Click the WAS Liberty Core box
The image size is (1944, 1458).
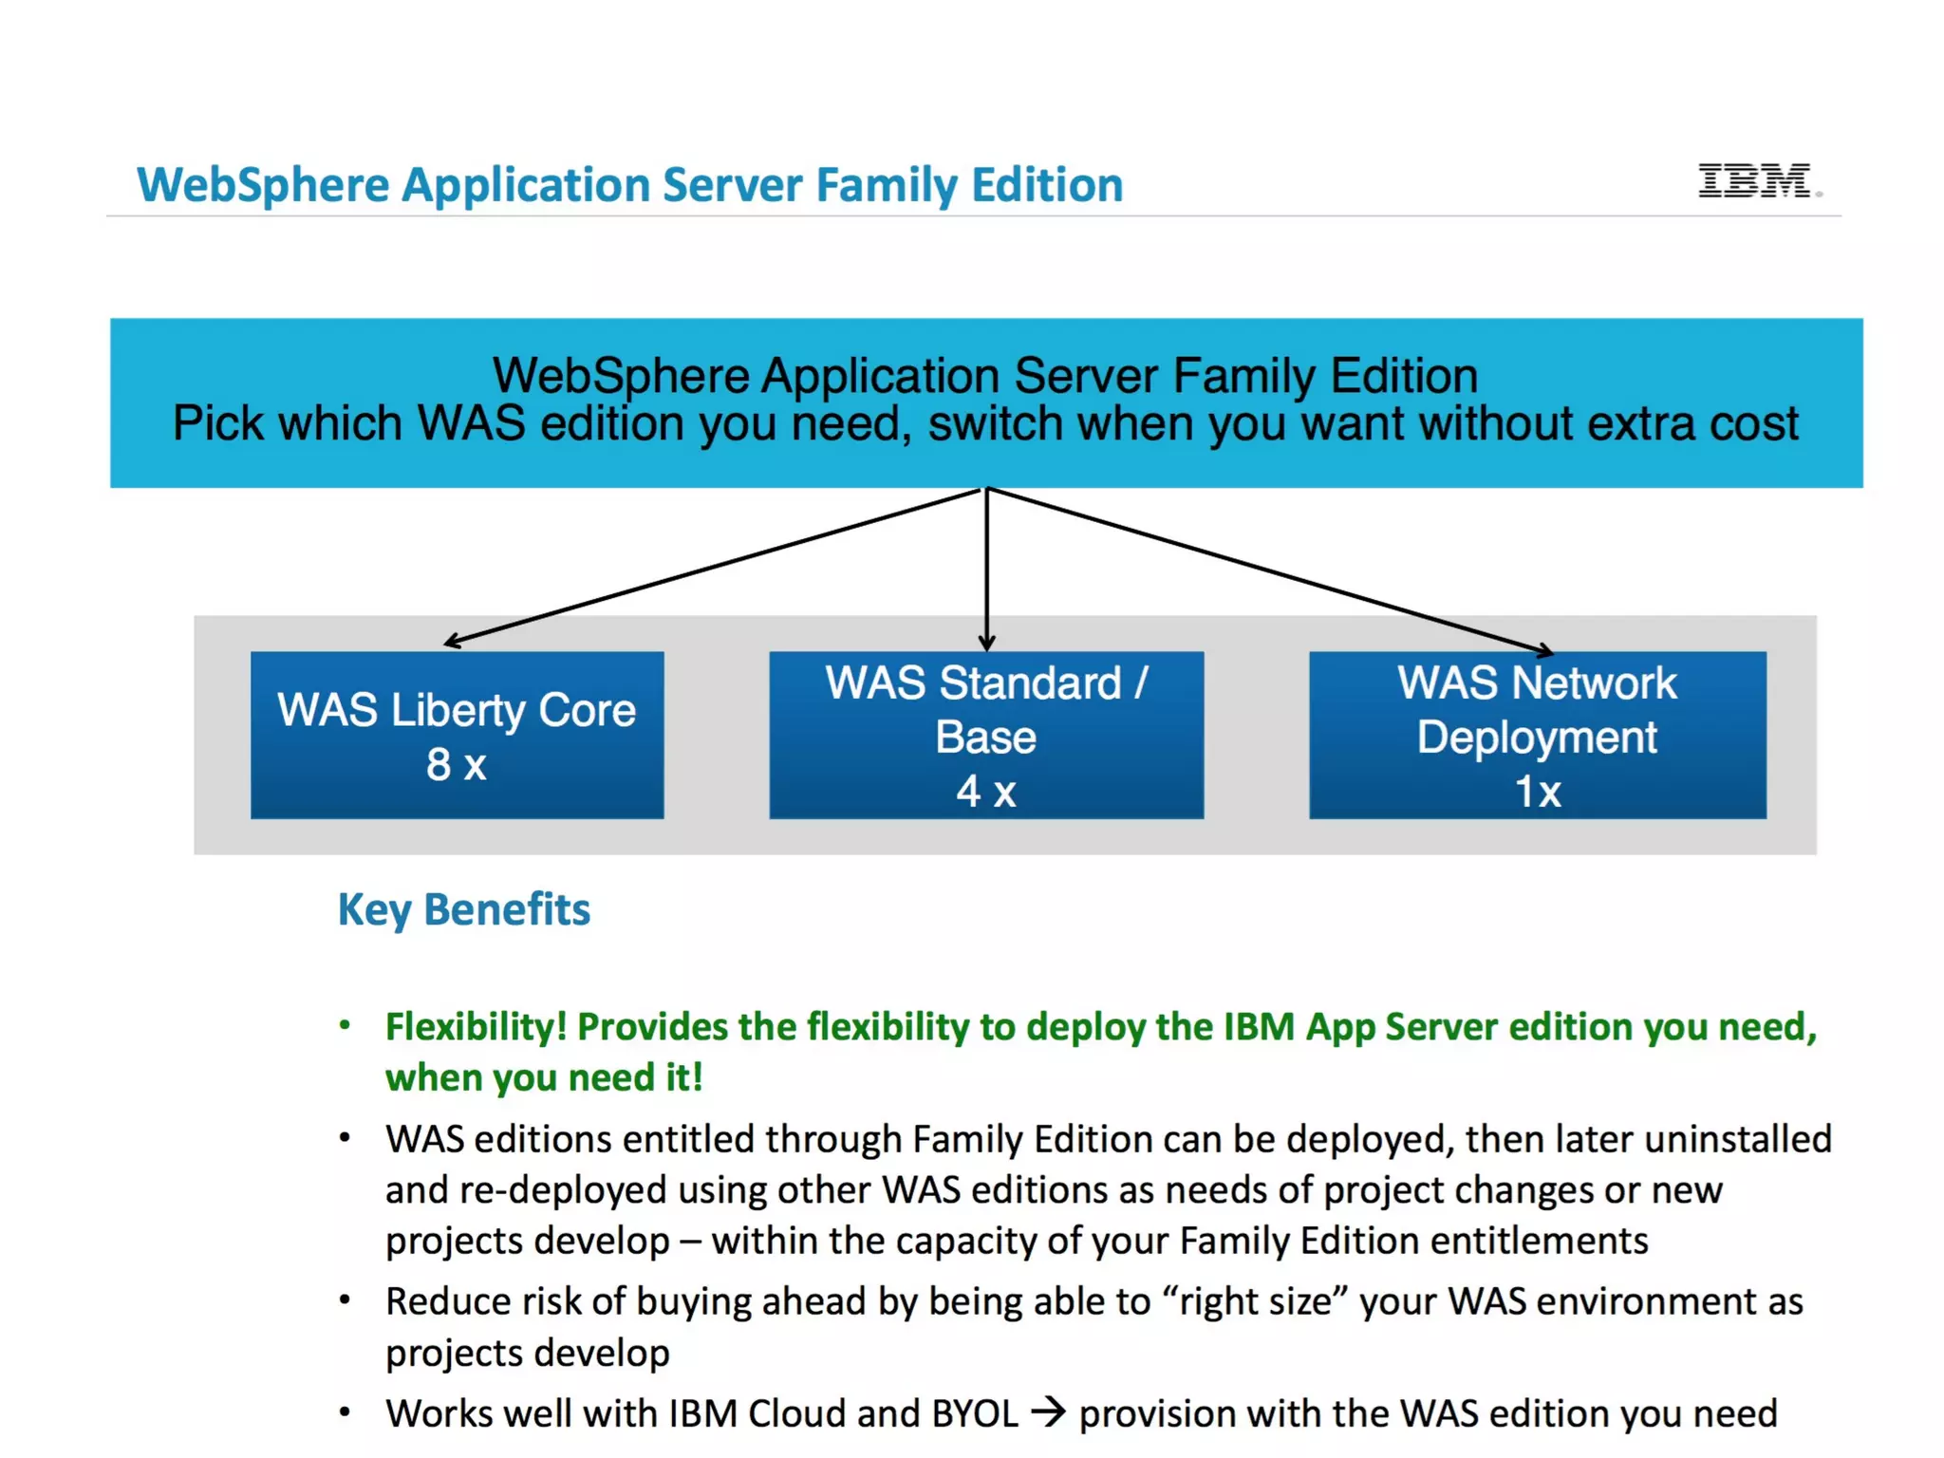click(x=457, y=734)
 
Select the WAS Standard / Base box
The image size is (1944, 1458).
click(x=985, y=734)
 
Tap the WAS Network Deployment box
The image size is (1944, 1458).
click(x=1537, y=734)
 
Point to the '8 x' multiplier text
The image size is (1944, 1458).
click(x=456, y=765)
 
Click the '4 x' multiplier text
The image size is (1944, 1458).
click(x=985, y=792)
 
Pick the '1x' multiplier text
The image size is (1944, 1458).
click(x=1537, y=792)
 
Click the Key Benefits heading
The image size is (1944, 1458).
click(x=464, y=909)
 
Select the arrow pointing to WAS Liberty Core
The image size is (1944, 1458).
click(x=712, y=566)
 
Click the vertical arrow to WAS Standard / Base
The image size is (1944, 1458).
click(x=986, y=570)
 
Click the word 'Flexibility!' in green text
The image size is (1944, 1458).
click(x=476, y=1027)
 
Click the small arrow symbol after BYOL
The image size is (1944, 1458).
click(x=1048, y=1412)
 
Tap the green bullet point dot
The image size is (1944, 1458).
click(x=345, y=1025)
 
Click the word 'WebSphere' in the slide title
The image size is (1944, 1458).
click(x=263, y=185)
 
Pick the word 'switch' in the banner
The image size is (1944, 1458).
click(x=995, y=423)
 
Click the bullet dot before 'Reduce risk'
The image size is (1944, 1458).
click(x=345, y=1300)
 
